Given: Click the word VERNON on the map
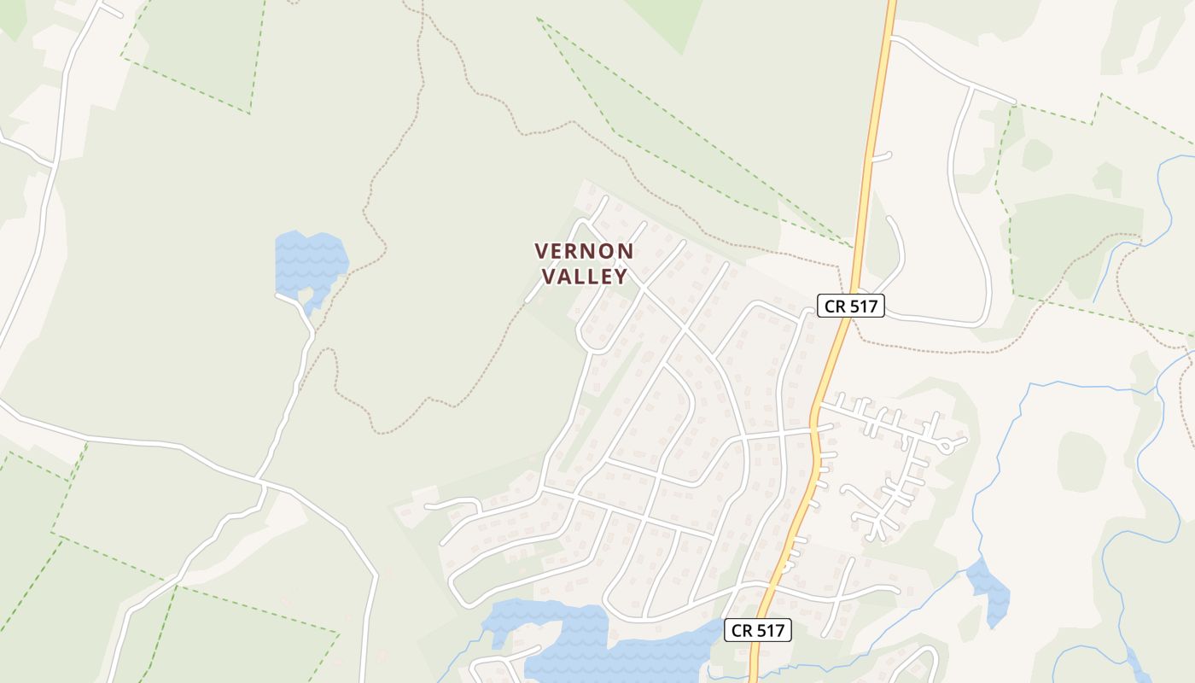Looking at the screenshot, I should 584,251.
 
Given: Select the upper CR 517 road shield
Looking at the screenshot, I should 850,306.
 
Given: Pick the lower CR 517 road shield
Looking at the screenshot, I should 758,631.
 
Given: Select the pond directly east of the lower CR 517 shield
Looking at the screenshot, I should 988,588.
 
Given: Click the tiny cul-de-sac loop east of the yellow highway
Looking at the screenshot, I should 945,446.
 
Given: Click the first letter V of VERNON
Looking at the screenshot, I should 541,251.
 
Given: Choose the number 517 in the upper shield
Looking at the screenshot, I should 863,306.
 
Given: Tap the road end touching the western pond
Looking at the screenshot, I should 279,295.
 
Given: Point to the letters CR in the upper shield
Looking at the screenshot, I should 834,306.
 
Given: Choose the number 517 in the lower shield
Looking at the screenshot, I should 771,631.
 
